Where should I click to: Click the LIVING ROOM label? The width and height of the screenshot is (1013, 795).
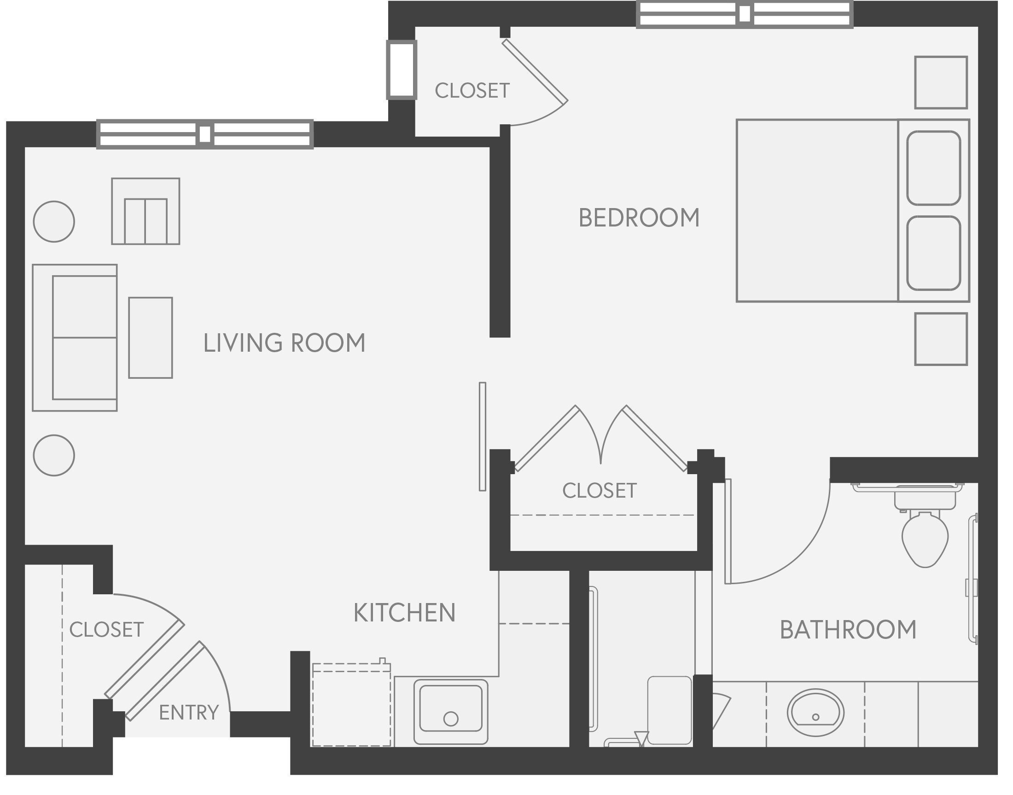tap(284, 343)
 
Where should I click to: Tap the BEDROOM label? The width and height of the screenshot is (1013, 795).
tap(639, 218)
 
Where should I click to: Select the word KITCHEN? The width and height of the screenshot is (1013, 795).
tap(404, 613)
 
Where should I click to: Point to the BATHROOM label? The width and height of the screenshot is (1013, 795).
tap(848, 630)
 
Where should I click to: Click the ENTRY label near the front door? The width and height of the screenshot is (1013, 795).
tap(188, 713)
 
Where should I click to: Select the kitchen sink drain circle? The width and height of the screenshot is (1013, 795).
tap(450, 719)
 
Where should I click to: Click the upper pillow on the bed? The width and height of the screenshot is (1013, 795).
tap(933, 168)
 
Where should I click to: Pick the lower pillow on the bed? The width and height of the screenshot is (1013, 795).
tap(933, 253)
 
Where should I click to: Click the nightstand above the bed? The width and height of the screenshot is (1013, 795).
tap(940, 82)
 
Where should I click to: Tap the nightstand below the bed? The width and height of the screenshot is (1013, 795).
tap(940, 339)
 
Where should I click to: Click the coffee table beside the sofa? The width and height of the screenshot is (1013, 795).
tap(151, 337)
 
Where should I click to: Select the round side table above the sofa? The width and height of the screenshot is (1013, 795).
tap(54, 221)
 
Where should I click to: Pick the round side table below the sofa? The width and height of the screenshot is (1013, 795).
tap(54, 455)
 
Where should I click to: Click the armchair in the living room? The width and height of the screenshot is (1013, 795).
tap(145, 212)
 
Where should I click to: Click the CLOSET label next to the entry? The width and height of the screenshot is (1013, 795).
tap(106, 630)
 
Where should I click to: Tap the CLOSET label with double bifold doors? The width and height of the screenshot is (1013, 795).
tap(599, 491)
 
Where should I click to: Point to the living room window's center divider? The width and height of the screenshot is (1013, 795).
tap(204, 134)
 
